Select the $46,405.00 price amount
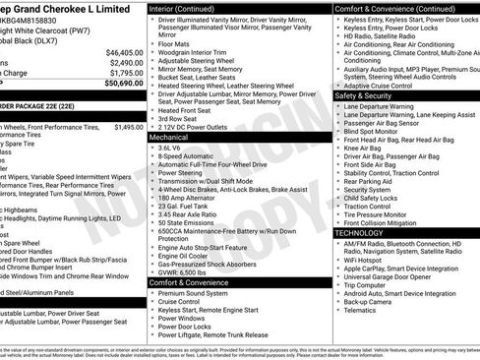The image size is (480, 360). (x=123, y=52)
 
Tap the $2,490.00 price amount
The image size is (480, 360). (x=125, y=62)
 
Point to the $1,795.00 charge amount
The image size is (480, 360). (x=125, y=73)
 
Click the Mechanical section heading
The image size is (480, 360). (x=169, y=137)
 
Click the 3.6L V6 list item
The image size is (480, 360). (x=173, y=149)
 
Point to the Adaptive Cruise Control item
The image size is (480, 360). (x=383, y=86)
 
